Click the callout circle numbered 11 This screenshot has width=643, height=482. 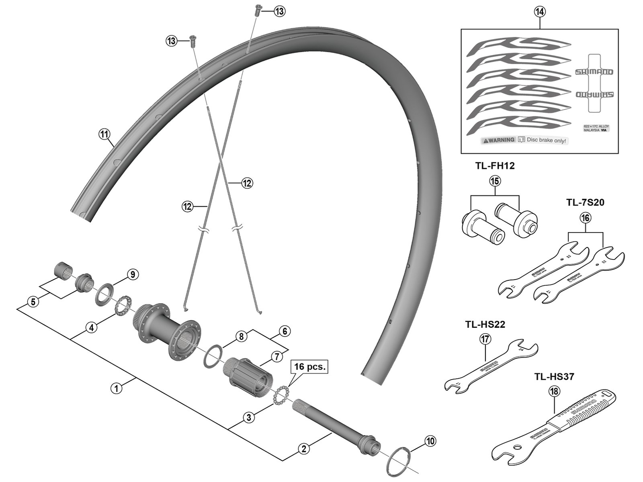pyautogui.click(x=104, y=134)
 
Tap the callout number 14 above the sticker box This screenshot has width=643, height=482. pyautogui.click(x=540, y=12)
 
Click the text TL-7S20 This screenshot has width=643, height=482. pyautogui.click(x=585, y=203)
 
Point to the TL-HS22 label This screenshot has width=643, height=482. pyautogui.click(x=485, y=324)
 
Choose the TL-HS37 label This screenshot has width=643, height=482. pyautogui.click(x=554, y=376)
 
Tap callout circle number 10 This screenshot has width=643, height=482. pyautogui.click(x=430, y=441)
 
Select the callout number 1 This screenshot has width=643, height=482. pyautogui.click(x=116, y=388)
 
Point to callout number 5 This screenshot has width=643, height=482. pyautogui.click(x=33, y=302)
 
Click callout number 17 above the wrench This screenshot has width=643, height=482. pyautogui.click(x=485, y=339)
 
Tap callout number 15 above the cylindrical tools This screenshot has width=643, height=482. pyautogui.click(x=495, y=181)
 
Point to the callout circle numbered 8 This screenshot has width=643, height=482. pyautogui.click(x=241, y=337)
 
